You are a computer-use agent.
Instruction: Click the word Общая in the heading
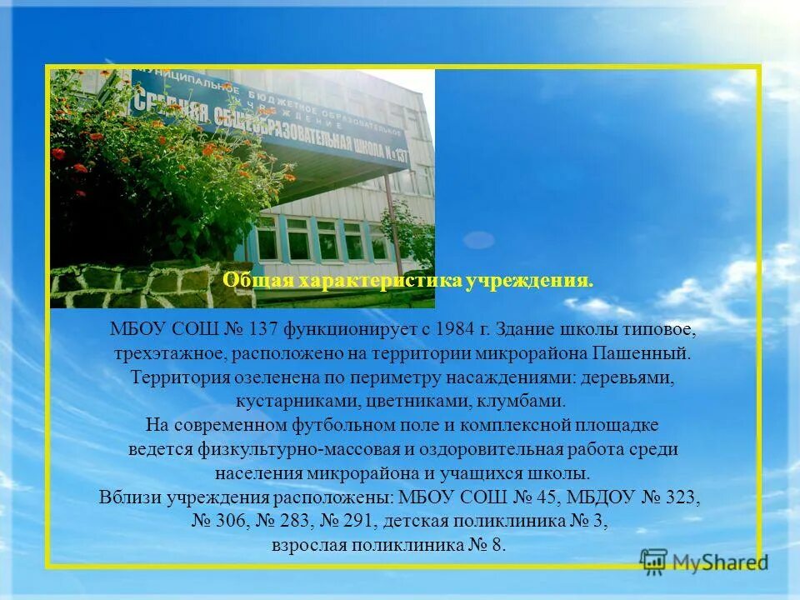[248, 281]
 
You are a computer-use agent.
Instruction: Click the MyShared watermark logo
[703, 562]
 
